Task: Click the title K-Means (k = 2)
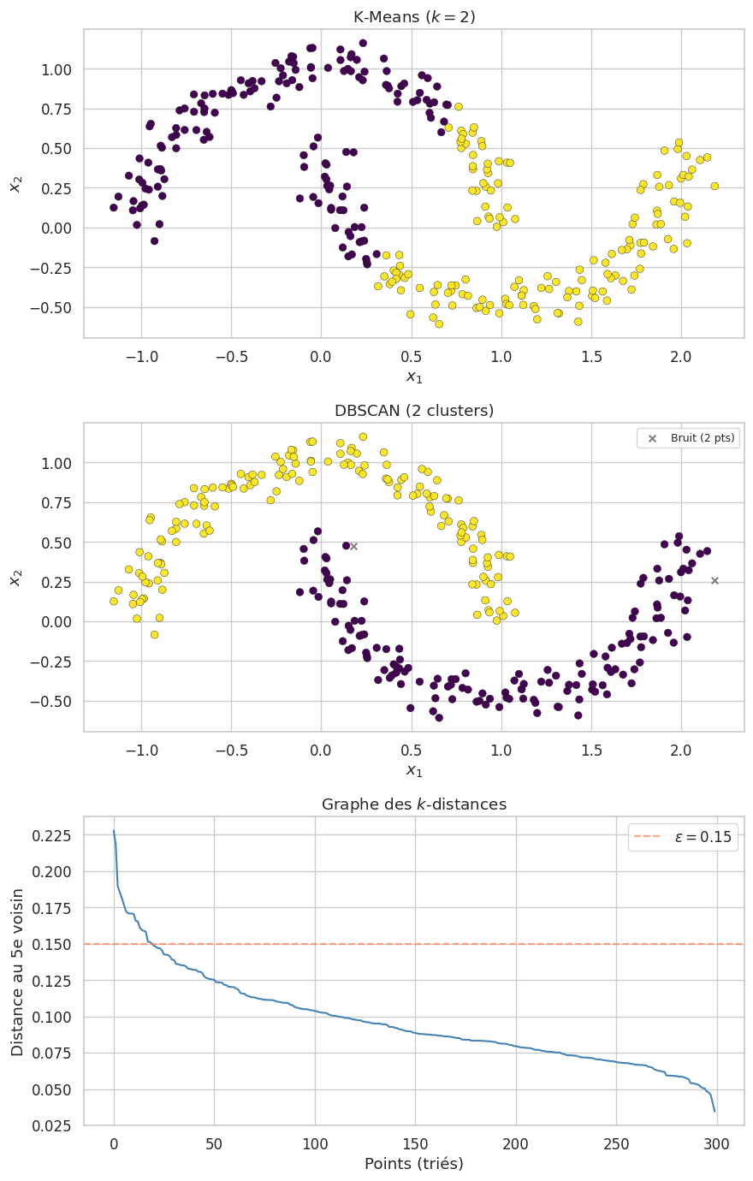tap(414, 17)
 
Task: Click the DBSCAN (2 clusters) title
tap(414, 411)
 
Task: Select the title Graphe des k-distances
tap(414, 804)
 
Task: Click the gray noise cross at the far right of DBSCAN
tap(714, 580)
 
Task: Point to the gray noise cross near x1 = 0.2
tap(353, 546)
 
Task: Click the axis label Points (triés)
tap(414, 1164)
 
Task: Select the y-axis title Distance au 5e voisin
tap(17, 970)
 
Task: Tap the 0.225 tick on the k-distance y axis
tap(53, 835)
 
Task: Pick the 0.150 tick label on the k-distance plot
tap(53, 944)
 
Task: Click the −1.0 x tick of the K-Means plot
tap(140, 357)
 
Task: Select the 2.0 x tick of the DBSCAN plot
tap(681, 751)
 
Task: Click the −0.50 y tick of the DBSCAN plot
tap(51, 701)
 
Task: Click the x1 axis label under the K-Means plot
tap(414, 377)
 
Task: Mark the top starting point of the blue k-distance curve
tap(114, 830)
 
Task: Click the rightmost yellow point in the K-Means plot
tap(714, 186)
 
